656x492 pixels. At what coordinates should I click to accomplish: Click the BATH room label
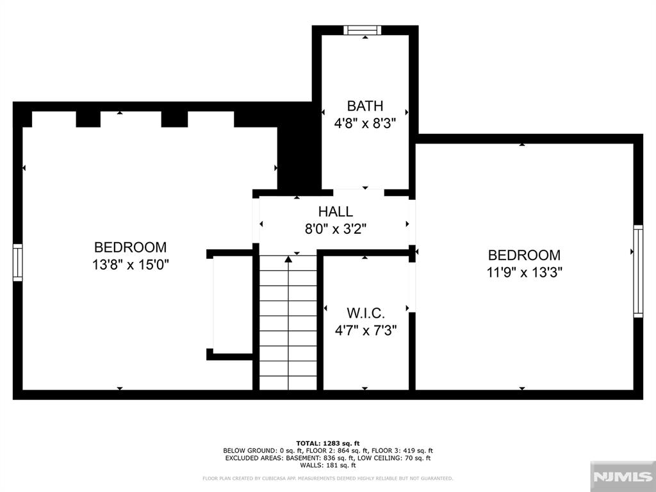(x=365, y=106)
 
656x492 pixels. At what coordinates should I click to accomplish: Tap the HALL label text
(x=335, y=211)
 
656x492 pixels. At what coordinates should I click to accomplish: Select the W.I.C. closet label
(x=365, y=313)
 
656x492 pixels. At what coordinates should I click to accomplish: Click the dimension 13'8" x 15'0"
(x=130, y=264)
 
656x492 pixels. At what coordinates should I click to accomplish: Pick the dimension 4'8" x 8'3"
(x=365, y=124)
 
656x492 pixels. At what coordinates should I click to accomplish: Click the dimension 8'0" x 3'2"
(x=335, y=228)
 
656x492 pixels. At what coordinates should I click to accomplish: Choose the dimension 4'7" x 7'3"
(x=365, y=331)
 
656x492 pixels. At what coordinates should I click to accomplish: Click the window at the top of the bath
(x=362, y=30)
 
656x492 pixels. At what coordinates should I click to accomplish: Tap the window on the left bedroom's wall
(x=17, y=262)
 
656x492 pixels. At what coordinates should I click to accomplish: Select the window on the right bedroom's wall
(x=638, y=271)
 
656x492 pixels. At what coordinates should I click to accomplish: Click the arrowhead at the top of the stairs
(x=288, y=259)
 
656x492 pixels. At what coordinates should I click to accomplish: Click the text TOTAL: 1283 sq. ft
(x=328, y=443)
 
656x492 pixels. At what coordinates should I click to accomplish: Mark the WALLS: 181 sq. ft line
(x=328, y=465)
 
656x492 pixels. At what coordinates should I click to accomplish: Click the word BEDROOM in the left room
(x=130, y=247)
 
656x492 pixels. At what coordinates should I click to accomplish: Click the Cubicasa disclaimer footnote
(x=328, y=478)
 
